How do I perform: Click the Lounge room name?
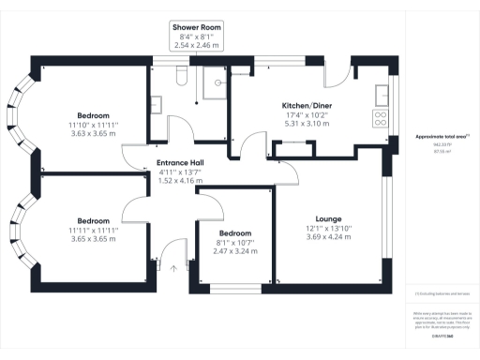pyautogui.click(x=328, y=217)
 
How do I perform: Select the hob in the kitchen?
pyautogui.click(x=382, y=119)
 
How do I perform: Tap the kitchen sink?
pyautogui.click(x=382, y=95)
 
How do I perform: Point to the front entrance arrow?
pyautogui.click(x=172, y=269)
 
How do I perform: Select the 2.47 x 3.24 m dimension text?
pyautogui.click(x=234, y=251)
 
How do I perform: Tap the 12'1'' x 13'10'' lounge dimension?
pyautogui.click(x=328, y=228)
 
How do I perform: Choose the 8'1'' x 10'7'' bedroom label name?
pyautogui.click(x=234, y=232)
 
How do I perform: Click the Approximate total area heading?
pyautogui.click(x=442, y=138)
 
